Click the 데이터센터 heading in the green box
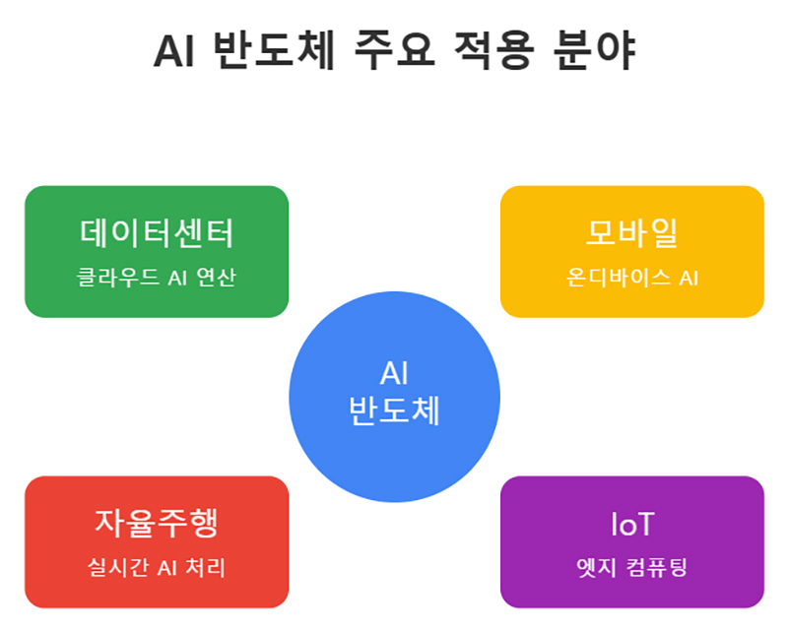[157, 234]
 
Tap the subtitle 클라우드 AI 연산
[157, 279]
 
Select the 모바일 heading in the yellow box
[631, 234]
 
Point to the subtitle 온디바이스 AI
[631, 279]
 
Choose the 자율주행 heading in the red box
[157, 524]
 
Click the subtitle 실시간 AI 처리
[157, 569]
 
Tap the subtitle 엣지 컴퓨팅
[631, 569]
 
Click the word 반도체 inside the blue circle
[394, 411]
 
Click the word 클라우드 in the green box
[112, 279]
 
